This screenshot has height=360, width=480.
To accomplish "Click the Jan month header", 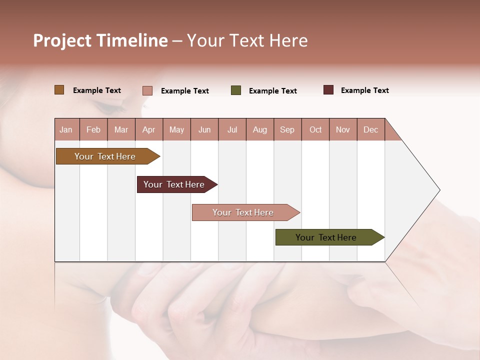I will (x=66, y=129).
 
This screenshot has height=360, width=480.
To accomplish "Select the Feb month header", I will (x=93, y=129).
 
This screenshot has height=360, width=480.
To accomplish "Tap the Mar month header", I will (x=121, y=129).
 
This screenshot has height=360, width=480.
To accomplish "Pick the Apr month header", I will (x=149, y=129).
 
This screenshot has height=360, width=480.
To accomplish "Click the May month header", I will (x=176, y=129).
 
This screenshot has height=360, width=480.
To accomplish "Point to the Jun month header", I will (x=204, y=129).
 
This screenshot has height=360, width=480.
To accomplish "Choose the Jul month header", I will (x=232, y=129).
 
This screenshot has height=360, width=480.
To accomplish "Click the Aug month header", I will (x=260, y=129).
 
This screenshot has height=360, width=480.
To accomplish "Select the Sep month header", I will (x=287, y=129).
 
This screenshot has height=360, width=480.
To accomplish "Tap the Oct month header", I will (x=315, y=129).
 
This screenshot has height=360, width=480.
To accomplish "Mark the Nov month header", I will (x=343, y=129).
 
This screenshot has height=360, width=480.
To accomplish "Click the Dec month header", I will (x=371, y=129).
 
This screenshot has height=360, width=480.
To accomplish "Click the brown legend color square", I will (x=59, y=90).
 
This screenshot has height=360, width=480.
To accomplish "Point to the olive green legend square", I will (x=236, y=90).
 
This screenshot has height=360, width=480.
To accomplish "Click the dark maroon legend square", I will (x=328, y=90).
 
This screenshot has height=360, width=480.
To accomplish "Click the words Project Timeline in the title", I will (x=100, y=40).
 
